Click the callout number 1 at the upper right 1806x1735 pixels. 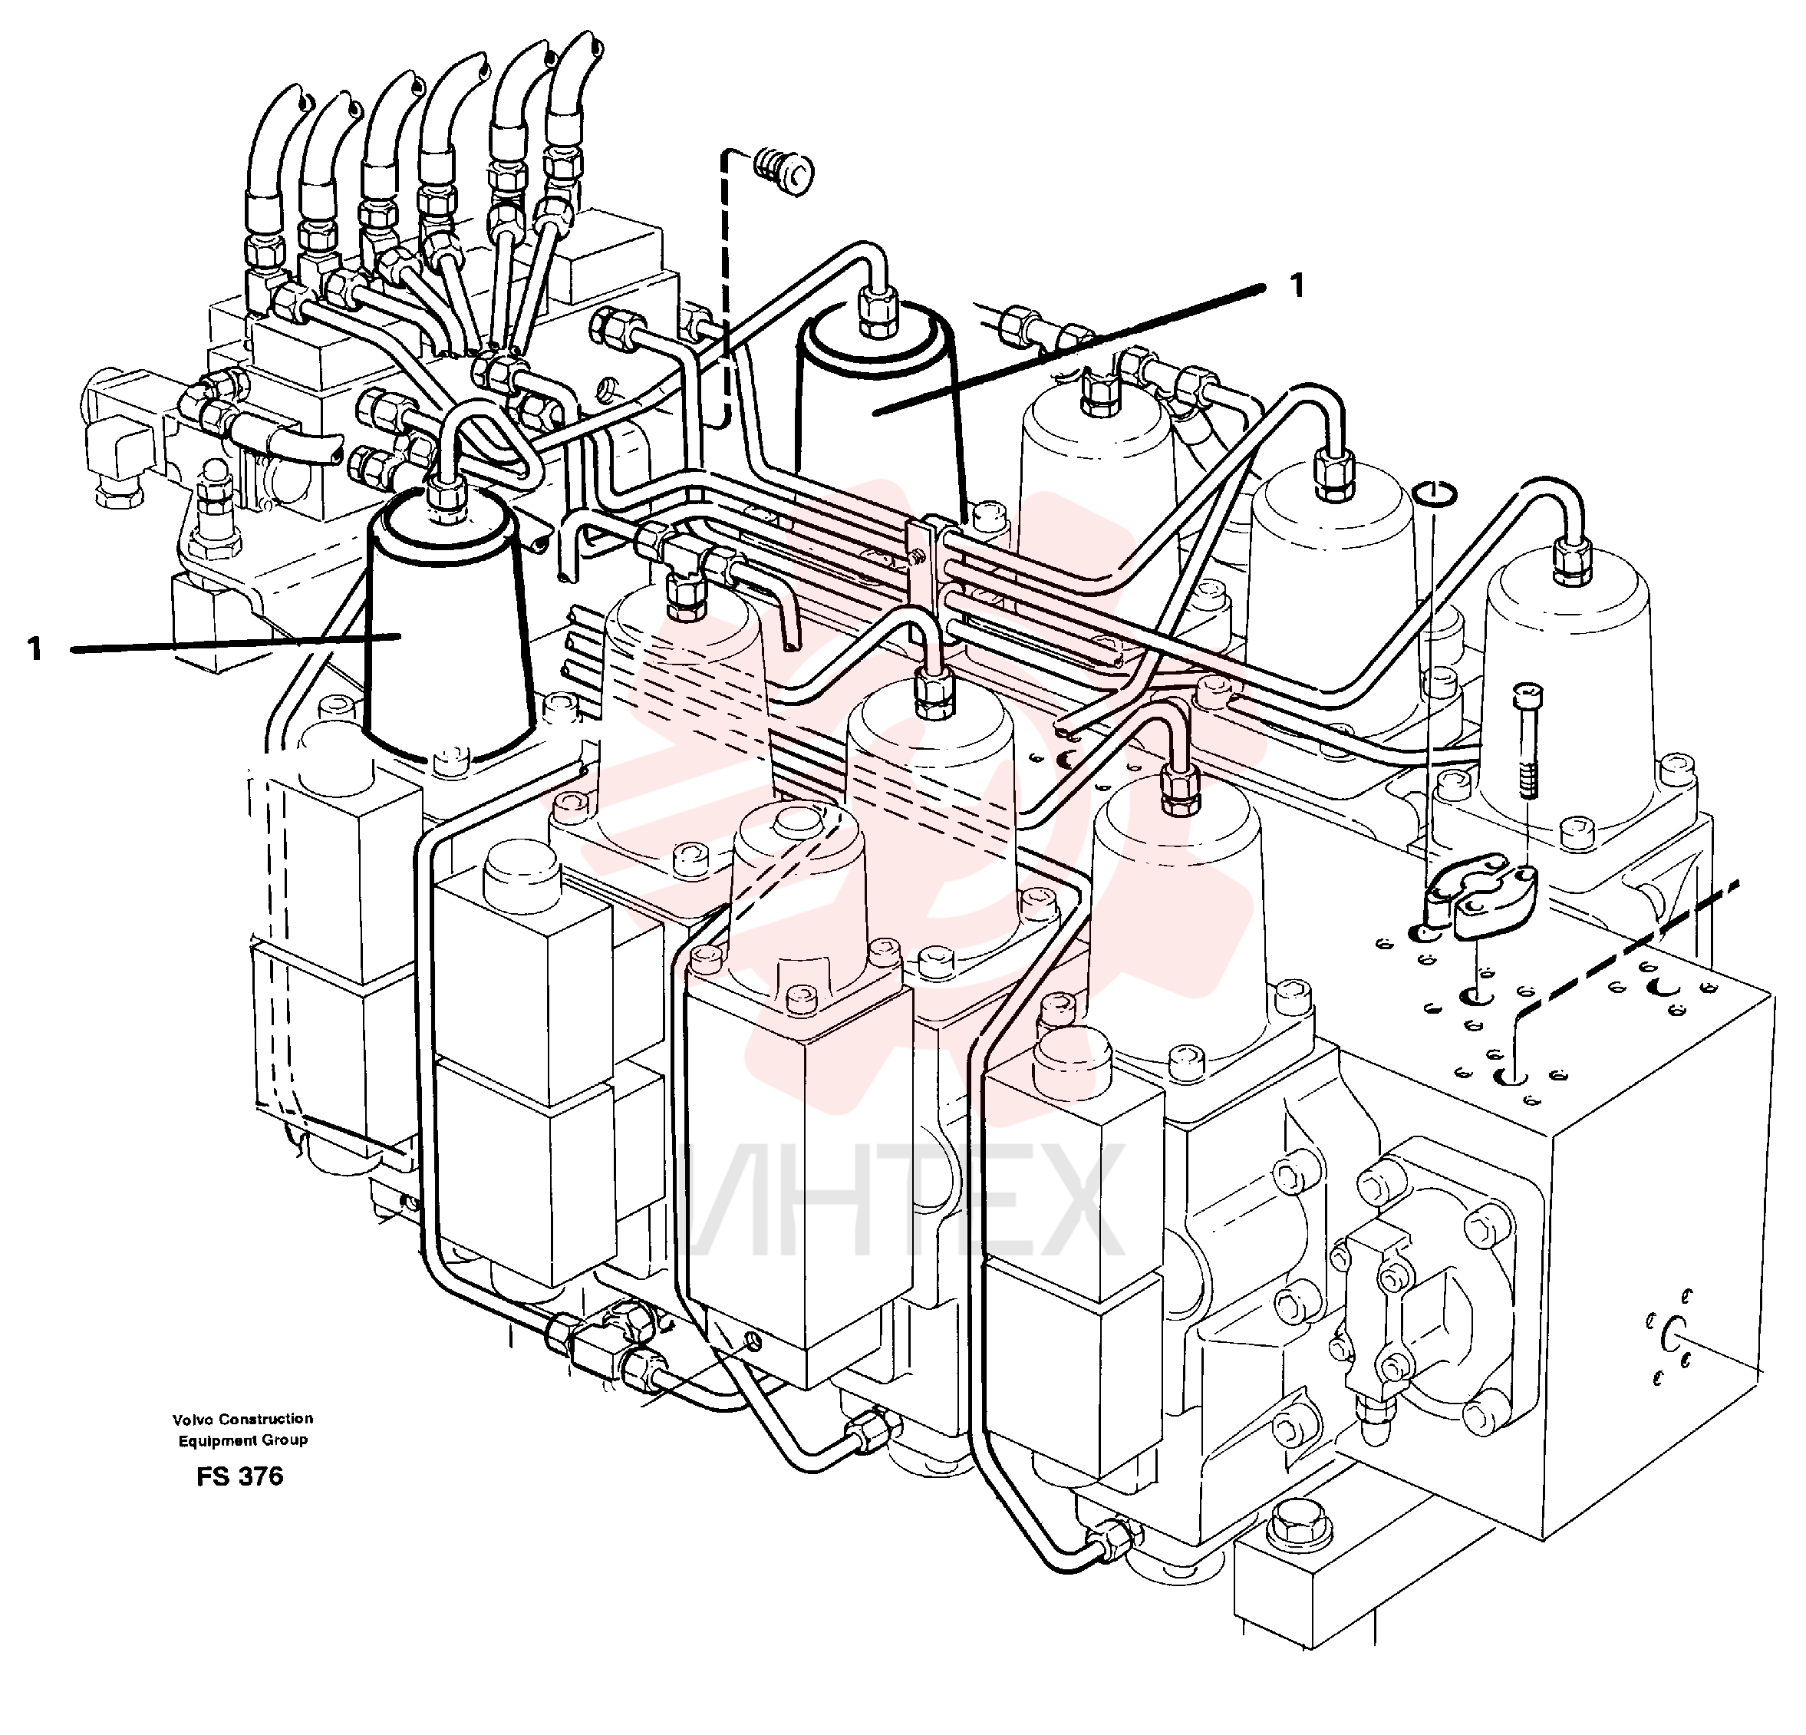pos(1297,285)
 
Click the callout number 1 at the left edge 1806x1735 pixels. pos(35,650)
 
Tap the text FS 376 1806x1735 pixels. pos(239,1476)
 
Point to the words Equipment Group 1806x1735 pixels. pos(243,1440)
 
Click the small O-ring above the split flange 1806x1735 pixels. pos(1435,494)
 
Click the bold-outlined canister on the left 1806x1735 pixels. pos(450,636)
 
